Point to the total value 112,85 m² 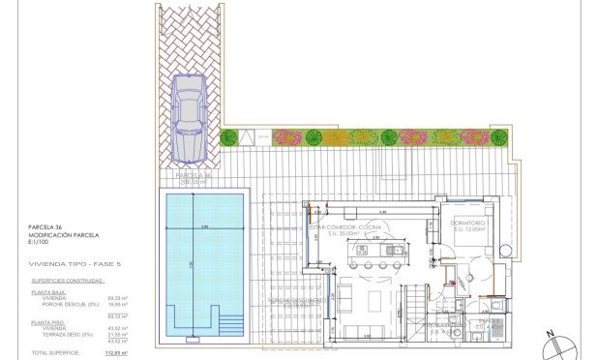(x=116, y=353)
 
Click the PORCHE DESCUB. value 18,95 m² (x=116, y=304)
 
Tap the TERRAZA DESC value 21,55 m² (x=116, y=334)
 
